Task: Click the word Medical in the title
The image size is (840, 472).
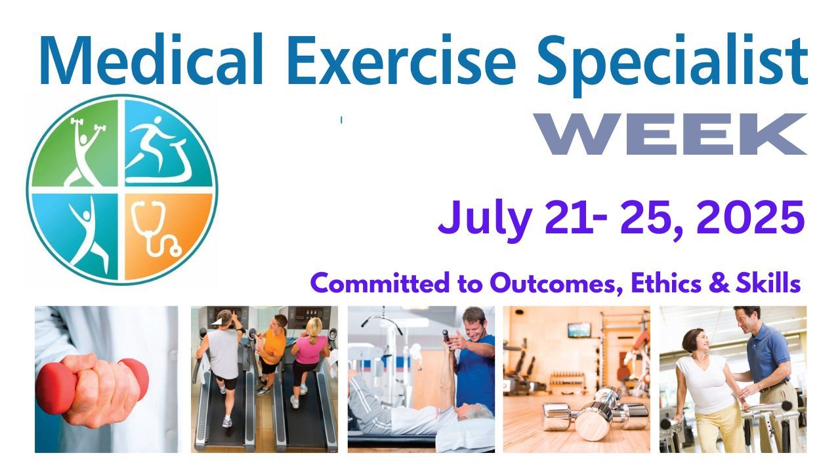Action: [151, 60]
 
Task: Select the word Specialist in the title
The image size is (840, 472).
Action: [673, 64]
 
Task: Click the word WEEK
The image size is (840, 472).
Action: [671, 134]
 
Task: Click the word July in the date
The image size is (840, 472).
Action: [485, 220]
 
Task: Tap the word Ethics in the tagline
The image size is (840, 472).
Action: [666, 283]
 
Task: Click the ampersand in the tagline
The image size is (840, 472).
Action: [719, 284]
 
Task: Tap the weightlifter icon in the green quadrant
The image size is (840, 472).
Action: [86, 151]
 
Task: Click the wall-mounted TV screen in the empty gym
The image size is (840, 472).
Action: [579, 330]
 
